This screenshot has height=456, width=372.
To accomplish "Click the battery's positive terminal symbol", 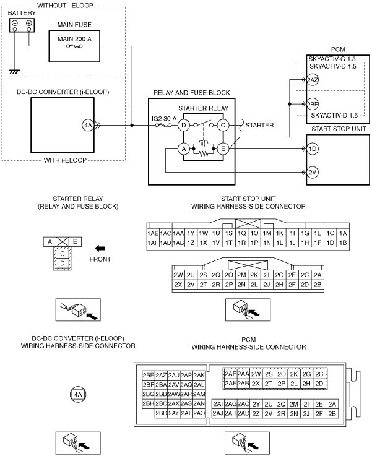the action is pos(29,23).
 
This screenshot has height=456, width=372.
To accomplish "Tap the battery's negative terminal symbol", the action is pos(15,23).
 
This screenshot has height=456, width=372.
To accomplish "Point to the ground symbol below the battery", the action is pos(14,72).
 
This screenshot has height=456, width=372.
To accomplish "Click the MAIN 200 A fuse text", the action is pos(74,39).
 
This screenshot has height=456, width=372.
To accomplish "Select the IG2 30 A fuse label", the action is pos(164,119).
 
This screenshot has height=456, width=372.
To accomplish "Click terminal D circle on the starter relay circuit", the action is pos(184,126).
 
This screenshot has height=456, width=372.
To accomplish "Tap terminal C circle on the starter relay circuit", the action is pos(223,126).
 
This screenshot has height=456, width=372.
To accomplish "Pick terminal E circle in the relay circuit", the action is pos(223,149).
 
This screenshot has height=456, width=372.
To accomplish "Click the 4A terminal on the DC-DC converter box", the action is pos(87,126).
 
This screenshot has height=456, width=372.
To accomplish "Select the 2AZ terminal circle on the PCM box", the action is pos(313,80).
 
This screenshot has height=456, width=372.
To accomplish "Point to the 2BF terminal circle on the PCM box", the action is pos(313,104).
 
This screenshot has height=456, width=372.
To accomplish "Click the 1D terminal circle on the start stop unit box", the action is pos(313,149).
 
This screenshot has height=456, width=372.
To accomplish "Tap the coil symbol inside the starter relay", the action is pos(203,144).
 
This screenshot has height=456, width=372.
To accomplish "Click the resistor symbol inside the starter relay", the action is pos(203,153).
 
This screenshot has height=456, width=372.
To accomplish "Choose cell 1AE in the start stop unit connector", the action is pos(153,233).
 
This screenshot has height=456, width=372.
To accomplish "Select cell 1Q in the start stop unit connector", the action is pos(241,233).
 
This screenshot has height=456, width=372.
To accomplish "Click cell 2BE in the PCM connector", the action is pos(149,376).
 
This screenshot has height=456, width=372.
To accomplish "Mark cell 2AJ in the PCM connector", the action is pos(218,413).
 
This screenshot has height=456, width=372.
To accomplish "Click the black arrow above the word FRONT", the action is pos(100,249).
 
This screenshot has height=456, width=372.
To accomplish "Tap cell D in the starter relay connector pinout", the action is pos(63,264).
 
